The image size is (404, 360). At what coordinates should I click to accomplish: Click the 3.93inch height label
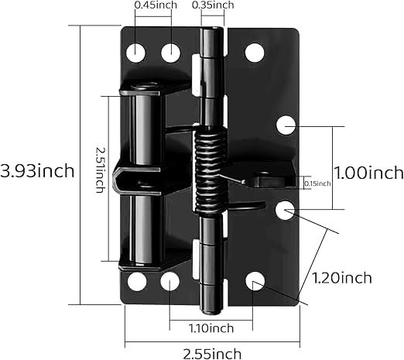pyautogui.click(x=37, y=171)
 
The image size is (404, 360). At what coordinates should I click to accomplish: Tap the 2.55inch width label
pyautogui.click(x=212, y=354)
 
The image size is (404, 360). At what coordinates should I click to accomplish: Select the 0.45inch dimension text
pyautogui.click(x=156, y=5)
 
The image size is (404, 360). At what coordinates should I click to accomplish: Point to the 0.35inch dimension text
pyautogui.click(x=213, y=5)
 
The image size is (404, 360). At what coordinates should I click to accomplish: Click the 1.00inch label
pyautogui.click(x=368, y=173)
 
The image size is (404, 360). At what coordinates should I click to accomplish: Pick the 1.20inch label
pyautogui.click(x=342, y=278)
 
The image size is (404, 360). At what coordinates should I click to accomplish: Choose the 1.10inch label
pyautogui.click(x=211, y=328)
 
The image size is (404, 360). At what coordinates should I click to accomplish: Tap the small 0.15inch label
pyautogui.click(x=317, y=183)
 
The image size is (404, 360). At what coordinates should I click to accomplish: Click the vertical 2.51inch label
pyautogui.click(x=100, y=170)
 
